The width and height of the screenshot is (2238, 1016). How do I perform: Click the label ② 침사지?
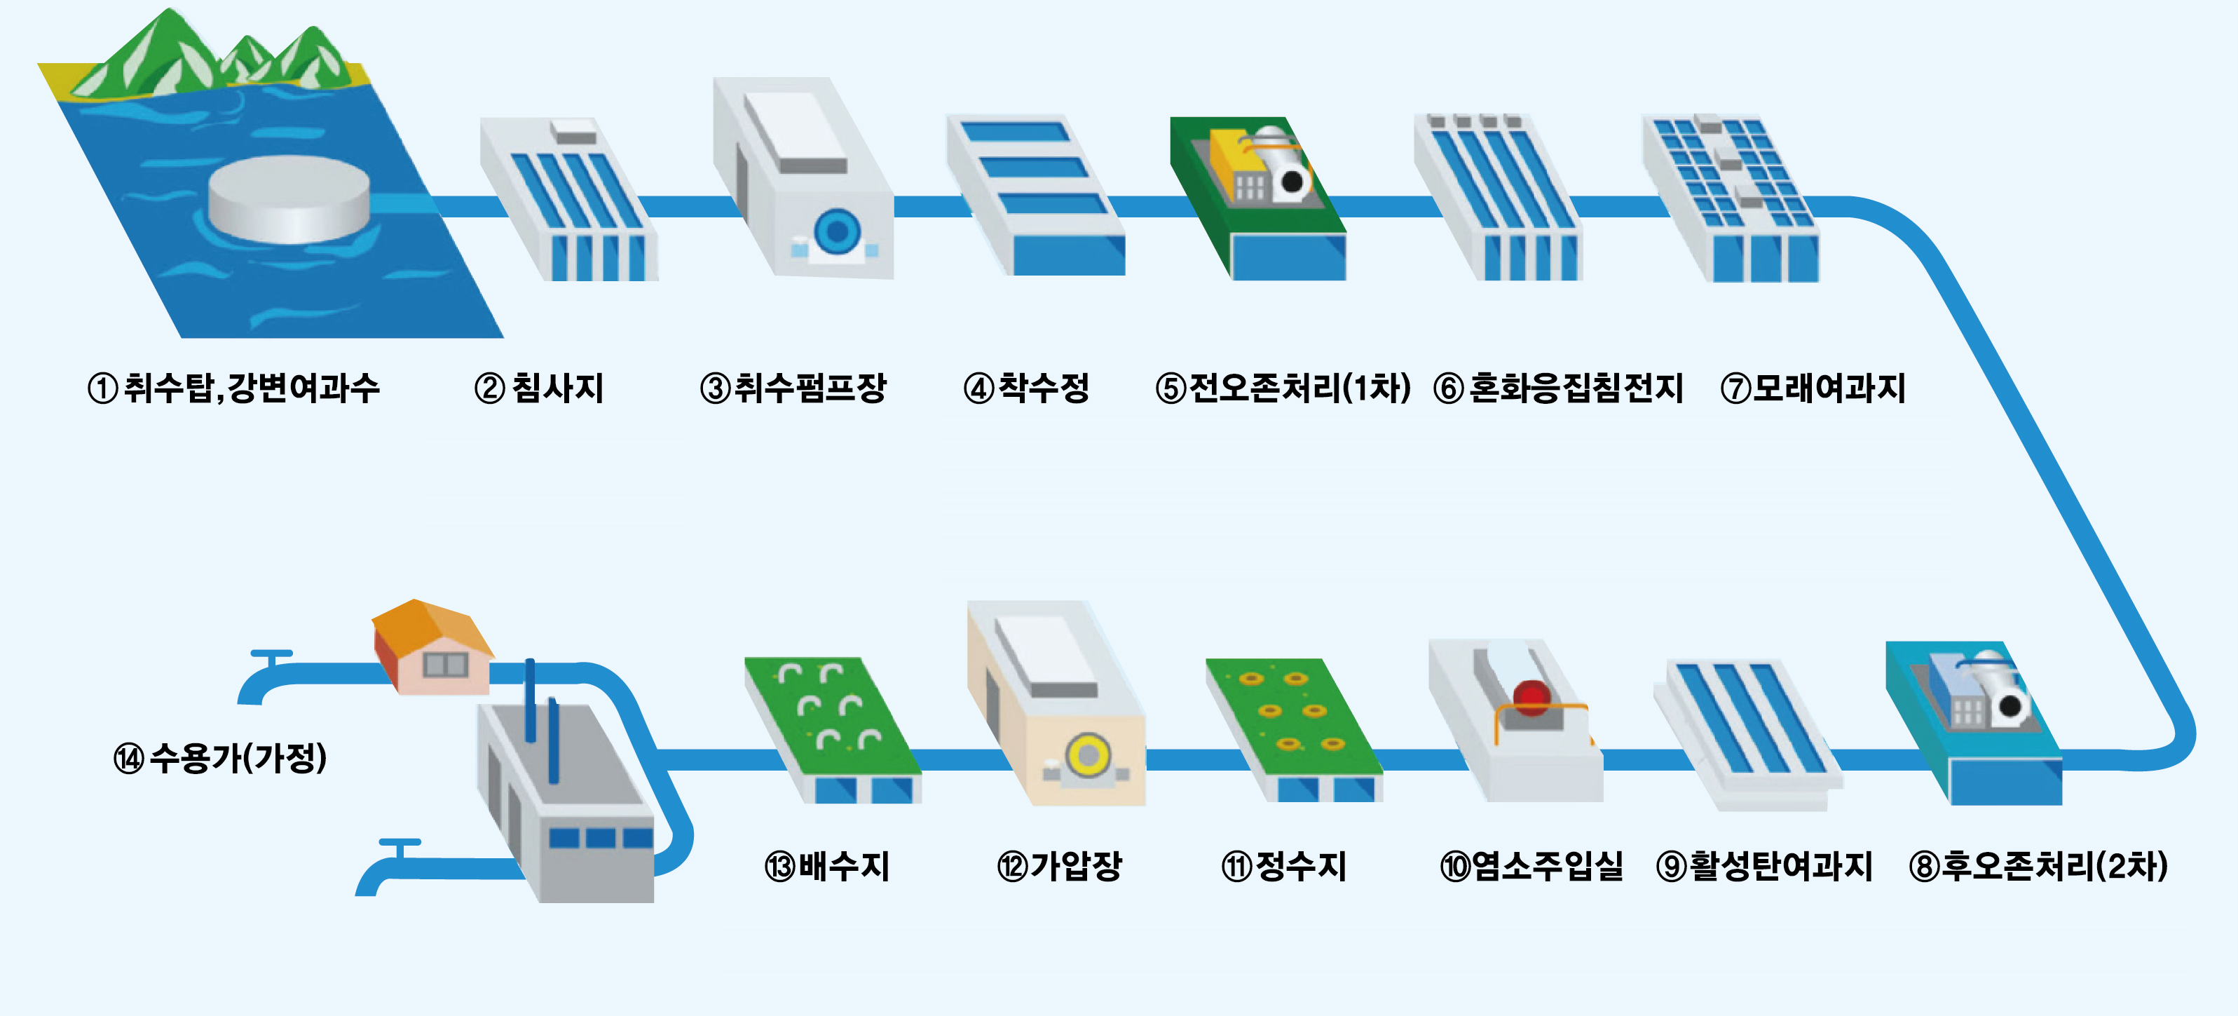pyautogui.click(x=540, y=388)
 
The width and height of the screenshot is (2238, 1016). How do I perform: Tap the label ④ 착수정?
pyautogui.click(x=1027, y=388)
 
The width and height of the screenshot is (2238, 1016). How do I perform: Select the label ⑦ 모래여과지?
pyautogui.click(x=1813, y=388)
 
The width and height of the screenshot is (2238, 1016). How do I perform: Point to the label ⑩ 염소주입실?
pyautogui.click(x=1531, y=866)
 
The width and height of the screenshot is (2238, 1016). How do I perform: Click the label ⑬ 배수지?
pyautogui.click(x=827, y=866)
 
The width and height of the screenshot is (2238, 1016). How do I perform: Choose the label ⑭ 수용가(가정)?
pyautogui.click(x=221, y=758)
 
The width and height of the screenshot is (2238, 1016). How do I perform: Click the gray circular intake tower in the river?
pyautogui.click(x=289, y=199)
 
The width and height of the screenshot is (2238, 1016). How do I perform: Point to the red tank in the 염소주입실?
pyautogui.click(x=1531, y=697)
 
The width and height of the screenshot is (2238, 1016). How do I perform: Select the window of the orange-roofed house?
pyautogui.click(x=446, y=665)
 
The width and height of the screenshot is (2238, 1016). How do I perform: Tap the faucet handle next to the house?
pyautogui.click(x=271, y=654)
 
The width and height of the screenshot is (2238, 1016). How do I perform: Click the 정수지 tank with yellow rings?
pyautogui.click(x=1292, y=726)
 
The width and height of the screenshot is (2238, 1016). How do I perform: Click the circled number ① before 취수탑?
pyautogui.click(x=102, y=388)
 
